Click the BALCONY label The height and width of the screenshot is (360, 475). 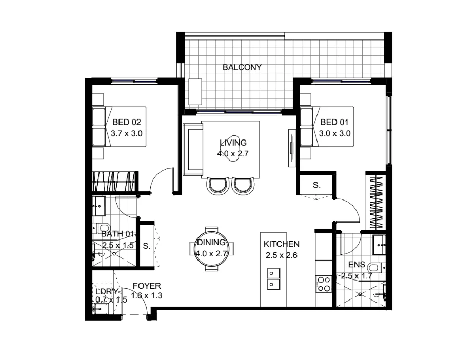[242, 67]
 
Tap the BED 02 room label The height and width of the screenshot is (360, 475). [126, 122]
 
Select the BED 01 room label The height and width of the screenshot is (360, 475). [334, 122]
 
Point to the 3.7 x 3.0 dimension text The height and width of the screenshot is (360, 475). [126, 133]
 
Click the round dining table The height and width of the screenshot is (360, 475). [211, 249]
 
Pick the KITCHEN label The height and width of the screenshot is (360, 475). [281, 244]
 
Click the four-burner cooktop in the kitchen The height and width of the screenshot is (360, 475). [324, 284]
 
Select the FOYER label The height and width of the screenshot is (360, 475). [147, 286]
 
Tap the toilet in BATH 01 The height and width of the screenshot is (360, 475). [103, 228]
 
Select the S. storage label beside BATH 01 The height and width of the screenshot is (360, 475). [146, 246]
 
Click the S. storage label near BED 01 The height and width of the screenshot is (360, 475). [316, 185]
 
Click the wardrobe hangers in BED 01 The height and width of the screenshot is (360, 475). [377, 203]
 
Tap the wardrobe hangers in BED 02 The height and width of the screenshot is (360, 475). [115, 182]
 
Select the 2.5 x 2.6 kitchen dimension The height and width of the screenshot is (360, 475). [281, 255]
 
